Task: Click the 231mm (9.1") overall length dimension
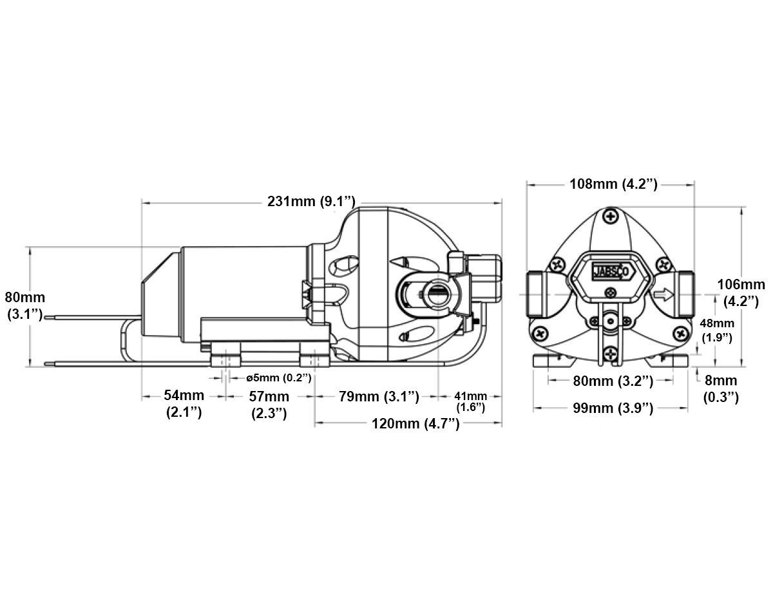click(x=311, y=202)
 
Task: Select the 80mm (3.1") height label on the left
click(x=24, y=306)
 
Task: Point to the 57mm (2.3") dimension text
click(x=269, y=404)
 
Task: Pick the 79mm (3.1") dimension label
click(x=379, y=397)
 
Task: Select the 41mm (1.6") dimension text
click(x=470, y=401)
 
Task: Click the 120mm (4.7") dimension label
click(x=415, y=423)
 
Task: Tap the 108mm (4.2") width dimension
click(x=613, y=184)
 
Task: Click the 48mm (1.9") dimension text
click(x=716, y=330)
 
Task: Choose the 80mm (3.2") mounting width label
click(x=613, y=381)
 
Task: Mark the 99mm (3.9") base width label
click(x=613, y=408)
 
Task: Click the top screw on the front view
click(x=611, y=216)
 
